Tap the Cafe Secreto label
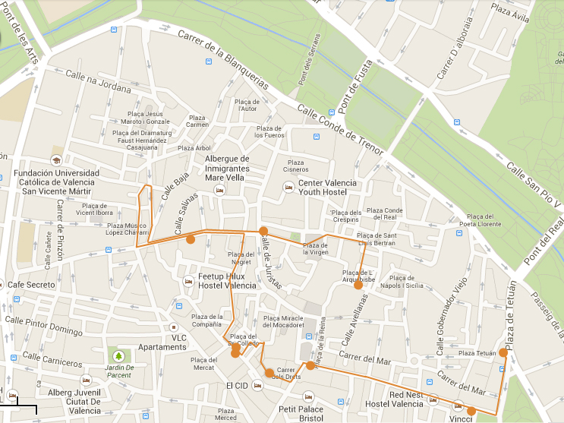tap(30, 285)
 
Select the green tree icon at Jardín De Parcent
tap(118, 355)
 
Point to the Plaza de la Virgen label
tap(316, 248)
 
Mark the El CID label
tap(237, 386)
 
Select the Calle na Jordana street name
tap(99, 80)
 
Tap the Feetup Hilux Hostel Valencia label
tap(228, 280)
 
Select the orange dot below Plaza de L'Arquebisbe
tap(358, 286)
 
